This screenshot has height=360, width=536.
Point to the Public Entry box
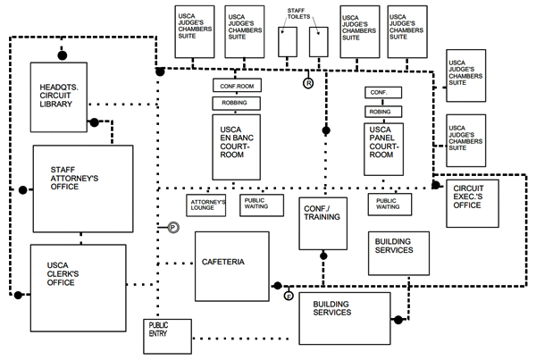(167, 334)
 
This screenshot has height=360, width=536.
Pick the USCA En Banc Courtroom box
(236, 143)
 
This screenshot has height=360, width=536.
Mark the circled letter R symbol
(308, 83)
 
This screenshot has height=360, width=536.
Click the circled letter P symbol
(173, 229)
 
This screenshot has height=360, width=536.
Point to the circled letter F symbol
(289, 296)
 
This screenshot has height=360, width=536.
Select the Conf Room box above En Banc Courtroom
(236, 86)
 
